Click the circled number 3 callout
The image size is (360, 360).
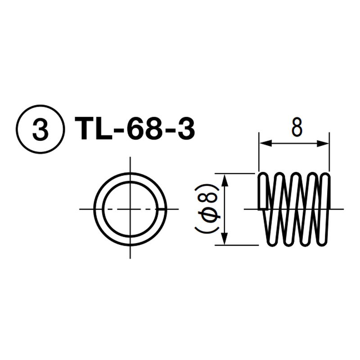pos(40,129)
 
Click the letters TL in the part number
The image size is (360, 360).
pos(94,129)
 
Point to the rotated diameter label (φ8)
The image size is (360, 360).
pos(206,209)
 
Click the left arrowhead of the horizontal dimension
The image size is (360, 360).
pos(265,144)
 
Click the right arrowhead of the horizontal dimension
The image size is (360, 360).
pos(323,144)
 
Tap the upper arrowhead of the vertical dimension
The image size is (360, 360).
pos(225,180)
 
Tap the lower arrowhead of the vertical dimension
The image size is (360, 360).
pos(225,239)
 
